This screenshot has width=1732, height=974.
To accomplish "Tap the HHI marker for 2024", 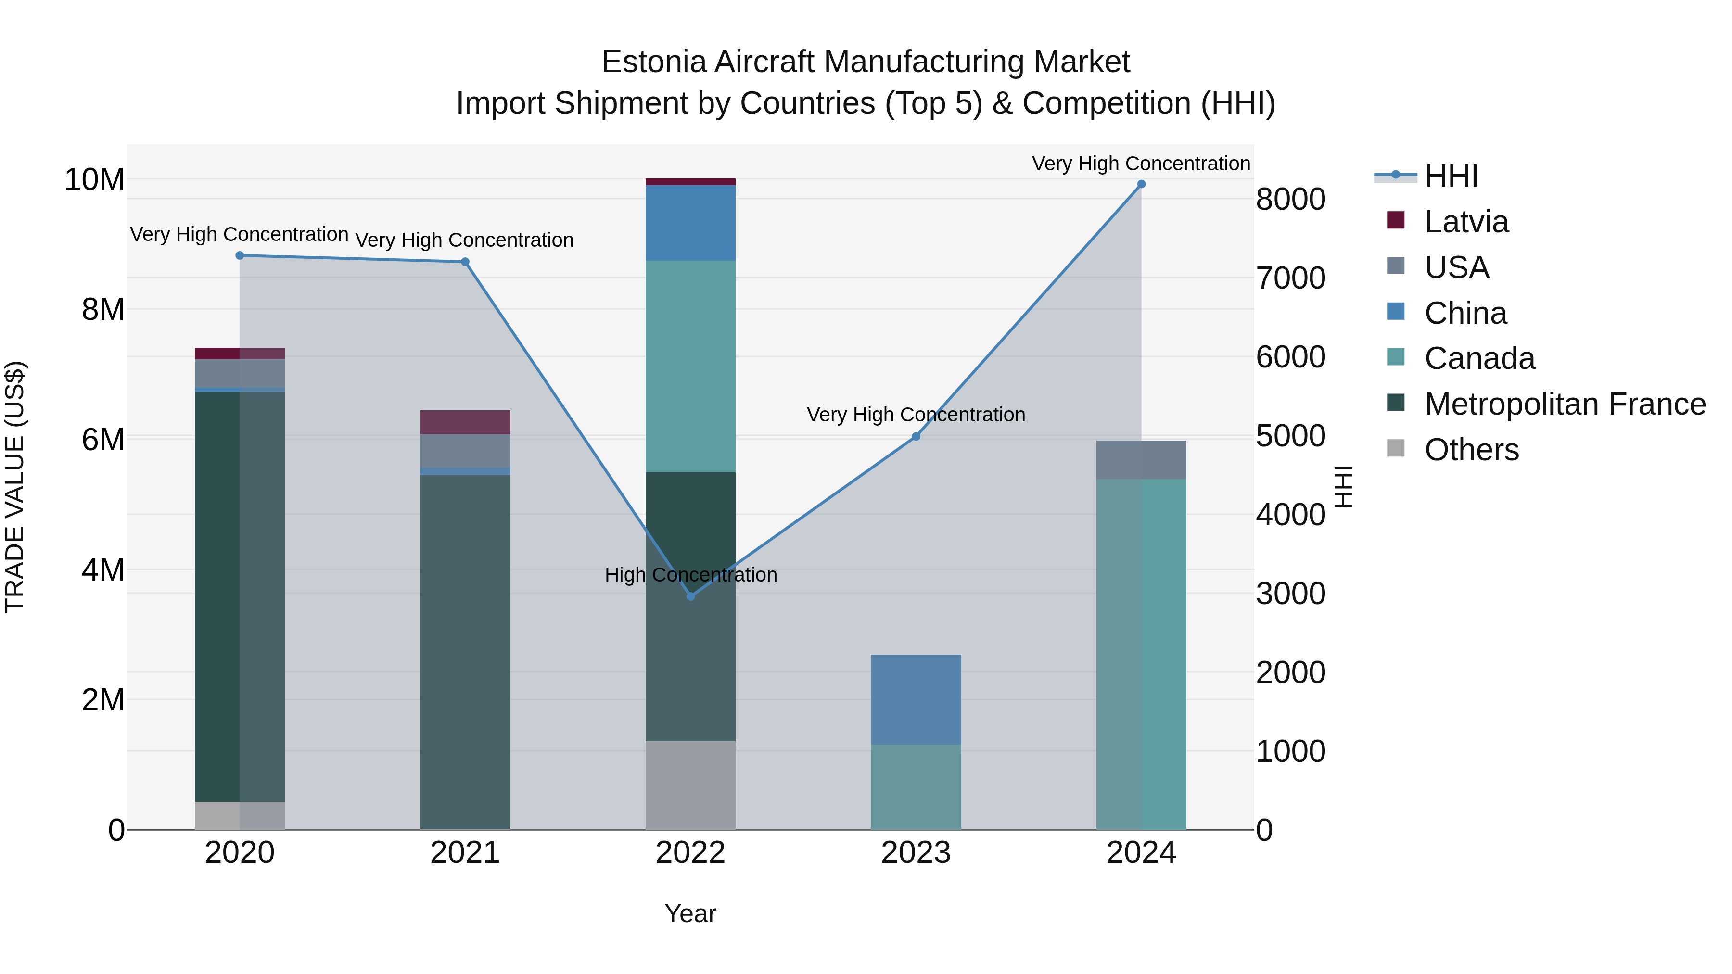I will (1141, 184).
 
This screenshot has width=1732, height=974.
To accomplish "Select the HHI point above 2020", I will (240, 255).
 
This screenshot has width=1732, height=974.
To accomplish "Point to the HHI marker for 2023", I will (916, 436).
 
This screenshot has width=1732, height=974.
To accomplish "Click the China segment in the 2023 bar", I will (916, 699).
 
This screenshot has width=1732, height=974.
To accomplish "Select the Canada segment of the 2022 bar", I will (690, 367).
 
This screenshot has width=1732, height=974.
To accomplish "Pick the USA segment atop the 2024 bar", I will (1141, 460).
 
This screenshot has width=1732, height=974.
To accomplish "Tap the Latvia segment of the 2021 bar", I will (465, 422).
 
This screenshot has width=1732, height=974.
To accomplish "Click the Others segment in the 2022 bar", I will (690, 785).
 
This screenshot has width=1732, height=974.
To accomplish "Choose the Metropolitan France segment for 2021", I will (465, 652).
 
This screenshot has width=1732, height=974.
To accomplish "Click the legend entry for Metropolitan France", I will (1565, 404).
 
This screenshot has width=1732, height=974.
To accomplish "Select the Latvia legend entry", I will (1466, 222).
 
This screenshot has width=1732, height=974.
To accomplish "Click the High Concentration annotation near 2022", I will (690, 575).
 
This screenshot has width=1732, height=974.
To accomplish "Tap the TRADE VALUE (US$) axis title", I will (15, 487).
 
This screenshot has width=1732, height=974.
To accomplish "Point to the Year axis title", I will (690, 913).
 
